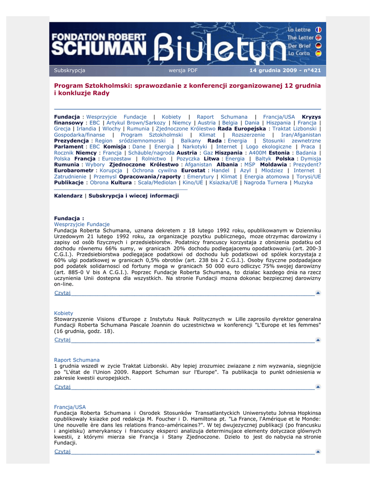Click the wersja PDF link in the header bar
click(x=183, y=71)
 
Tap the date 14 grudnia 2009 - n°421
click(x=285, y=71)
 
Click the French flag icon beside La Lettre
click(x=318, y=29)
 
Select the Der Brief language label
click(x=299, y=46)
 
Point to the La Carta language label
click(x=299, y=54)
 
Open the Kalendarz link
click(x=68, y=196)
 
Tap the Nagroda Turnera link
click(x=266, y=182)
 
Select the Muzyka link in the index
click(x=303, y=182)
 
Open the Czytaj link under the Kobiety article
click(x=62, y=340)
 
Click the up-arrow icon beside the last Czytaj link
click(x=318, y=451)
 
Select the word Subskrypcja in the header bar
click(x=69, y=71)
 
